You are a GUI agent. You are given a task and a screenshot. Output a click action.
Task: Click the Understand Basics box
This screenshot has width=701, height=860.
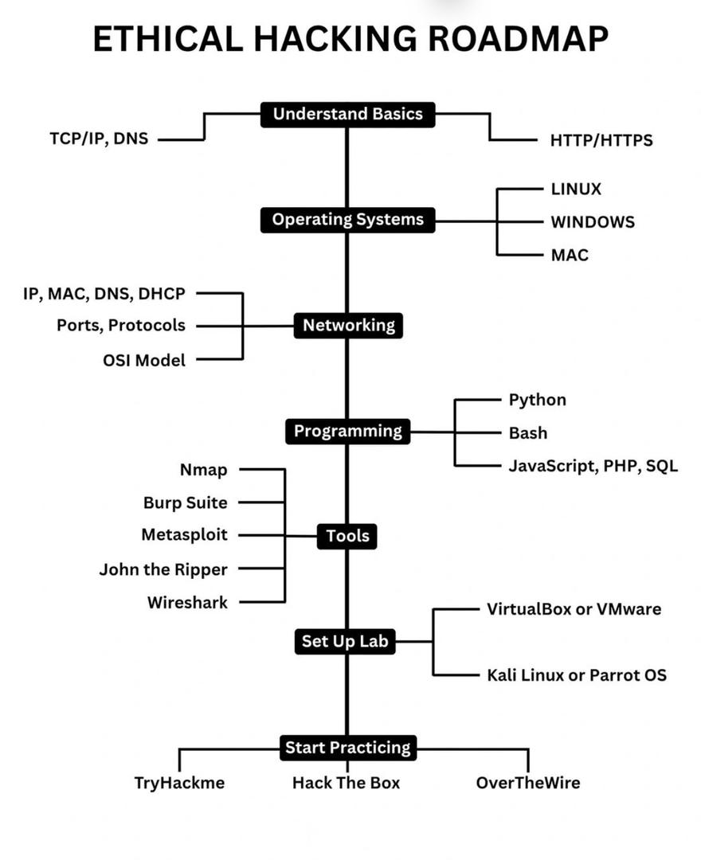[347, 115]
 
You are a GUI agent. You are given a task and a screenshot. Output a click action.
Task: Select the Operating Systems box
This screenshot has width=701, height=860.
[347, 220]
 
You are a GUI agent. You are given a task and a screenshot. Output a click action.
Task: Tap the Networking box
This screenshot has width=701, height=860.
[348, 325]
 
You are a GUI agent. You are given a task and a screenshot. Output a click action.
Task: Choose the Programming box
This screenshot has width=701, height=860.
[348, 432]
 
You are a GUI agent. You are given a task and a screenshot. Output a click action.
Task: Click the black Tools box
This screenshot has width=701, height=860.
[347, 537]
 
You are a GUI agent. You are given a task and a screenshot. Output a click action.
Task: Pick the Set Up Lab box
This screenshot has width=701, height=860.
[346, 642]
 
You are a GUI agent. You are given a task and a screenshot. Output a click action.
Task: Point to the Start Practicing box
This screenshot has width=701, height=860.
[348, 748]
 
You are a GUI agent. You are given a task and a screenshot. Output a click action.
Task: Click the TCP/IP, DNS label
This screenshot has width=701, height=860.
[99, 139]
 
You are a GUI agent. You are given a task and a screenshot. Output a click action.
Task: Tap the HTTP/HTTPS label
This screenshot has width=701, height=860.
[601, 140]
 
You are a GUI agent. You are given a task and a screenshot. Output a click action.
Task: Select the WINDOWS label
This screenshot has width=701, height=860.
[593, 222]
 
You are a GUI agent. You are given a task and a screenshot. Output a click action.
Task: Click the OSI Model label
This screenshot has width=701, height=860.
[144, 360]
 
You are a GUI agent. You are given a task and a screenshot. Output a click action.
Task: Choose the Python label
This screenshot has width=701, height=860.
[537, 400]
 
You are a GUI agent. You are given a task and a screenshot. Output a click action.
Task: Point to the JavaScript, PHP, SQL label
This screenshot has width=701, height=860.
[593, 466]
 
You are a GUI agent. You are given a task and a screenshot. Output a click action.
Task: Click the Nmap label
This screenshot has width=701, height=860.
[203, 470]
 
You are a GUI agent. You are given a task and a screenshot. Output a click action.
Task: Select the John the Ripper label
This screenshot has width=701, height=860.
[163, 569]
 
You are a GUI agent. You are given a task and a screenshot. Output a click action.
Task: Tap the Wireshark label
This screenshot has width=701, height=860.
[187, 603]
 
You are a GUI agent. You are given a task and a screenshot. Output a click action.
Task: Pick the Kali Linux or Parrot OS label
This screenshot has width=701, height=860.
[576, 675]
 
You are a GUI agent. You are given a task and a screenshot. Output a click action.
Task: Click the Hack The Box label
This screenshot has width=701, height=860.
[346, 783]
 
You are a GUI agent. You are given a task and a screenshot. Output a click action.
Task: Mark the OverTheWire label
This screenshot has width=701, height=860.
[527, 783]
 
